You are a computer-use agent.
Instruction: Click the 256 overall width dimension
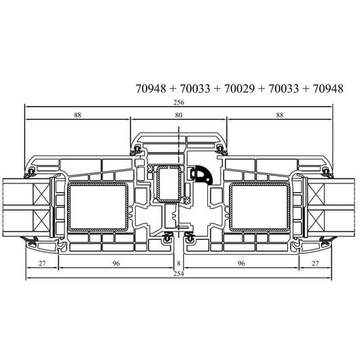pos(179,103)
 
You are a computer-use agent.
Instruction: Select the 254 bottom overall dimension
pos(179,274)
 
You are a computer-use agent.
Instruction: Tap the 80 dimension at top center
pos(179,115)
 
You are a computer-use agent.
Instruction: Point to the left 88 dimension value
pos(77,115)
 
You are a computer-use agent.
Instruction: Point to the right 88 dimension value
pos(280,115)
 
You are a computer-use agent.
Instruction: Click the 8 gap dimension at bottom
pos(179,264)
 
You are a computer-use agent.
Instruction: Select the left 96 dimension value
pos(116,264)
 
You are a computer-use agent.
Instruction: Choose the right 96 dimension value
pos(241,264)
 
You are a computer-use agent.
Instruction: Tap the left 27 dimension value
pos(42,264)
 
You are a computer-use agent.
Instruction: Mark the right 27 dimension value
pos(315,264)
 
